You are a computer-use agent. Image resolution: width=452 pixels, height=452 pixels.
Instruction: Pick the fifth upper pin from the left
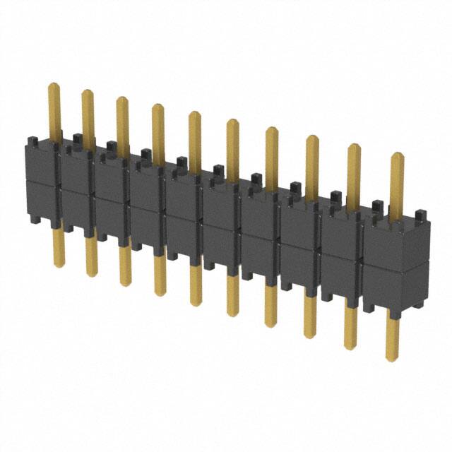click(194, 138)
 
